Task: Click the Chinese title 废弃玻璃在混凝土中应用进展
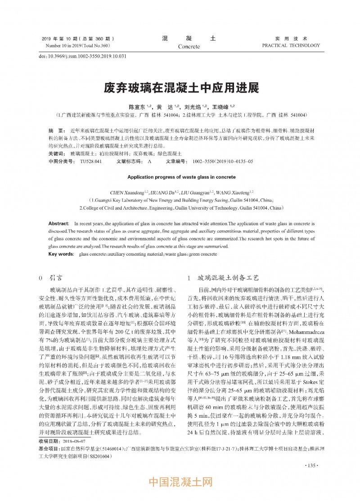[180, 86]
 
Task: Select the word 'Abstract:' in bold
[58, 223]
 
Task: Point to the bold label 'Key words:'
[61, 254]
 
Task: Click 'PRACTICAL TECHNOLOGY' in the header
[291, 45]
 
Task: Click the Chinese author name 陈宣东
[136, 107]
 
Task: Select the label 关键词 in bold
[56, 153]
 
